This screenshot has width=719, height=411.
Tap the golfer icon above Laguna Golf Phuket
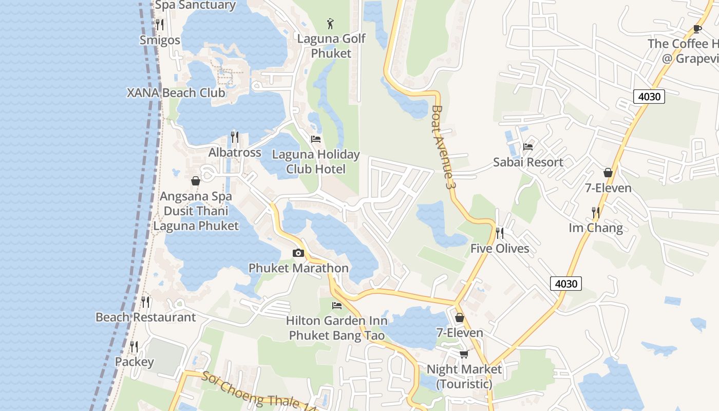click(331, 23)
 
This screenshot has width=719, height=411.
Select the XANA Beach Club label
click(176, 93)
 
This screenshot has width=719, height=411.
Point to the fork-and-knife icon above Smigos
click(160, 24)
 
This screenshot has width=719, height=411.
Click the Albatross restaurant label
click(235, 153)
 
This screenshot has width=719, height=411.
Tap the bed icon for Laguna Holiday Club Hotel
click(316, 139)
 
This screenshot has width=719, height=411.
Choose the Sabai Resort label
click(528, 162)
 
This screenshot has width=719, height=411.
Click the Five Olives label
click(500, 249)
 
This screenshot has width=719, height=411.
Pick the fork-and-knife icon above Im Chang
click(596, 212)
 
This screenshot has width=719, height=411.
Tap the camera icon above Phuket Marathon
click(298, 253)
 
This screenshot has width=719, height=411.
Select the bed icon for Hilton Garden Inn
click(337, 305)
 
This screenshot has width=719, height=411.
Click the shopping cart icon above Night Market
click(464, 354)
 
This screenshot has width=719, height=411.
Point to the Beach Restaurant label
click(146, 317)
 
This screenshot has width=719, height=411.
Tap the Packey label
click(134, 362)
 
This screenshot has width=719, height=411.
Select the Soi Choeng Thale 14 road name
click(257, 391)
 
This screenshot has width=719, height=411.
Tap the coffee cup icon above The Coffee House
click(697, 29)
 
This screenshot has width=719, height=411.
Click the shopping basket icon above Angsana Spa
click(196, 181)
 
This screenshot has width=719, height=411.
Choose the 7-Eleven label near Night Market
click(460, 333)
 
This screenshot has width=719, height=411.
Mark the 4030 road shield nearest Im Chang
click(566, 283)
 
